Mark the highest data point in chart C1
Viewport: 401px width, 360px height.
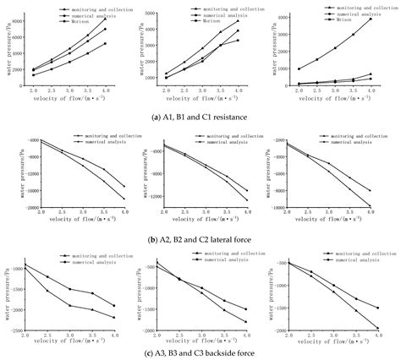click(x=371, y=19)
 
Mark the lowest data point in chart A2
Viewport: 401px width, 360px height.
click(x=124, y=199)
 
